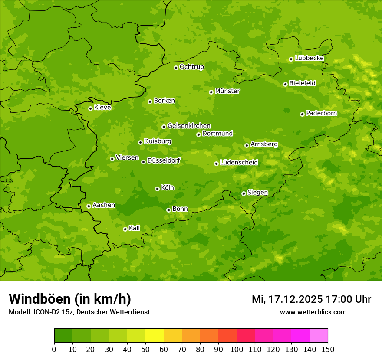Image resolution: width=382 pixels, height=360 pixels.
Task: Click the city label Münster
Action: [227, 91]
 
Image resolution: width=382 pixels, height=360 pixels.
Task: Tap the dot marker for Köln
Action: [157, 189]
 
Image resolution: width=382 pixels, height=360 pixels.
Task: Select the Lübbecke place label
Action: [309, 58]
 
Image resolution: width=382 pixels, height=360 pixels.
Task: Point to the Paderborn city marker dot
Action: [302, 114]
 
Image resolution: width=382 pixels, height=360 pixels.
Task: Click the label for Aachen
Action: [104, 205]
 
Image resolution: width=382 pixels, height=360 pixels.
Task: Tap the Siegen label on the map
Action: [257, 193]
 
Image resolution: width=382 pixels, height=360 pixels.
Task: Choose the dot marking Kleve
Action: [90, 108]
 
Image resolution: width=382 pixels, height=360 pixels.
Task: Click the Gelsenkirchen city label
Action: [189, 126]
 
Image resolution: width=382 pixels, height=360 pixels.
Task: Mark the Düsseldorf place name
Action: [163, 160]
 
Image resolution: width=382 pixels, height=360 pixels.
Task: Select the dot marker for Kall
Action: [125, 229]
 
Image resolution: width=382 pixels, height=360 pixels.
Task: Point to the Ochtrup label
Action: [191, 67]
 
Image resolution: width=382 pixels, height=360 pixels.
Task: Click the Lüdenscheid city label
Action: [239, 163]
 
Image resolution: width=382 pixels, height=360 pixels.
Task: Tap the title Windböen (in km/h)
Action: [70, 299]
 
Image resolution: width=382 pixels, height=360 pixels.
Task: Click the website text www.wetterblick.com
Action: [313, 312]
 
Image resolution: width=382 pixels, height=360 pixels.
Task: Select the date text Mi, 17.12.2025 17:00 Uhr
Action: [311, 299]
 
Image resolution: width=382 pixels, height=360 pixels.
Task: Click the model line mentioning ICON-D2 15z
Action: [79, 312]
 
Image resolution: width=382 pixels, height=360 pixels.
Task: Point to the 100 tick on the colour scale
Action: [237, 349]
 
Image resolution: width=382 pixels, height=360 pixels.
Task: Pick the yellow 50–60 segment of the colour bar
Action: [155, 336]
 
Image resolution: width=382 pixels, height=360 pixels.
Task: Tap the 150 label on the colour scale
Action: [328, 349]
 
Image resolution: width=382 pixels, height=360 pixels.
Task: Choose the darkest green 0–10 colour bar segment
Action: [63, 336]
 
